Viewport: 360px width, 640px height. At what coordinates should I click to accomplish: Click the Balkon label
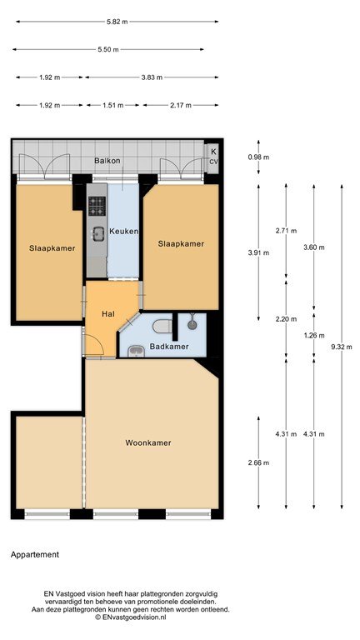(107, 161)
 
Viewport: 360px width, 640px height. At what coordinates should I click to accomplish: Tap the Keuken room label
(123, 232)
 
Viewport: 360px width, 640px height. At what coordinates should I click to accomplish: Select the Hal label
(107, 314)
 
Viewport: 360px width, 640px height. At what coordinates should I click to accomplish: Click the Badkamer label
(169, 347)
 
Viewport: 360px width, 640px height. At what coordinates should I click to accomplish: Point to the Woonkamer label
(148, 442)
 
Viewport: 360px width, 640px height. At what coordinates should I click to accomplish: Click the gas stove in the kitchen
(97, 206)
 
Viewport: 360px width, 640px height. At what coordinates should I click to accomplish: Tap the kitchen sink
(98, 234)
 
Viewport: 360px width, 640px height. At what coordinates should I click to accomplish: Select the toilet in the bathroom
(162, 326)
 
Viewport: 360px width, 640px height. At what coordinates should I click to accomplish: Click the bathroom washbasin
(135, 351)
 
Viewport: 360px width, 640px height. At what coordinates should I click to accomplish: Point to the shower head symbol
(192, 325)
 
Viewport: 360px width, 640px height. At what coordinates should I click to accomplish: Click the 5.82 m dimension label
(117, 22)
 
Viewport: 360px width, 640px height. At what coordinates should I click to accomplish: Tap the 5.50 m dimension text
(108, 50)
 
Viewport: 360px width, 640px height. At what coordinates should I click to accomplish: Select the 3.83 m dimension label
(152, 77)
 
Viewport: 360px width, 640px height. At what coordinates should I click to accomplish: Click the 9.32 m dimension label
(342, 347)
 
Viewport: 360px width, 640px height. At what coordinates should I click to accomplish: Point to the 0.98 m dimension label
(259, 157)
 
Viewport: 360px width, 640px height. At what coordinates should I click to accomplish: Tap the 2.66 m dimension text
(259, 462)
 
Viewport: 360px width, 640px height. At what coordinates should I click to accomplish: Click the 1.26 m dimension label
(314, 336)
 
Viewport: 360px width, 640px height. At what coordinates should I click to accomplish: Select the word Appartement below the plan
(35, 555)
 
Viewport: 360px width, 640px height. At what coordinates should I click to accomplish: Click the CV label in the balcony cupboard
(214, 162)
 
